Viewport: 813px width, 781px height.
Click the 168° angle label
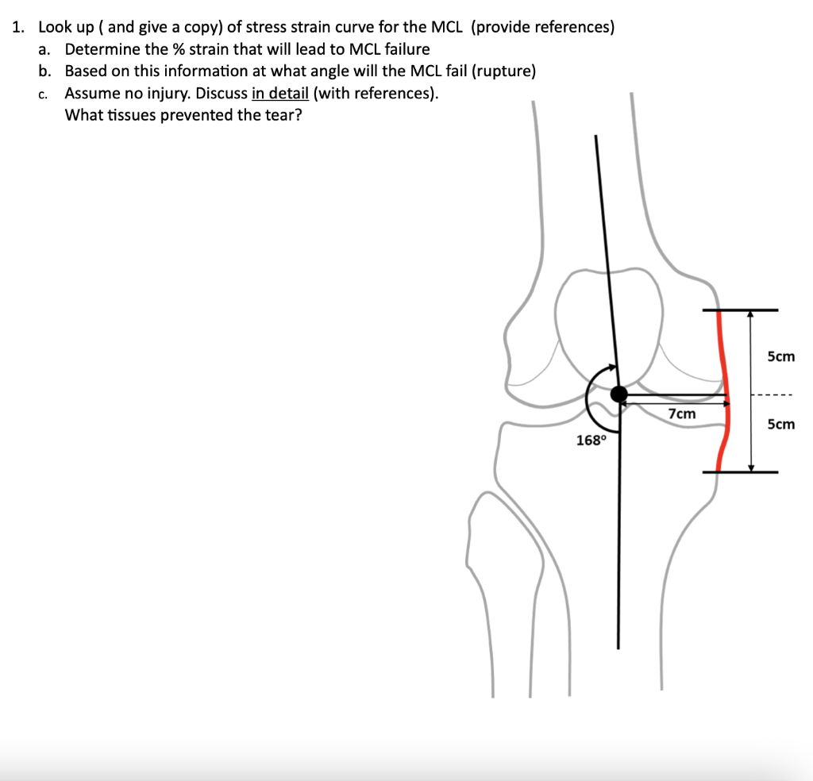pos(591,441)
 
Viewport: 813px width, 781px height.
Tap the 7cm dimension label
pos(681,414)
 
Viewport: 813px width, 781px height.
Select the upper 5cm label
pos(781,356)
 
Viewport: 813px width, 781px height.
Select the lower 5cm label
pos(781,425)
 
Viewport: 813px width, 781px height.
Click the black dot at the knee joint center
pos(618,394)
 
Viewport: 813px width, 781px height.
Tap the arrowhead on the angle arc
pos(611,368)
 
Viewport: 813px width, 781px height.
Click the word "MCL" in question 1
pos(446,27)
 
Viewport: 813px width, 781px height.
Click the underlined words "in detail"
pos(280,94)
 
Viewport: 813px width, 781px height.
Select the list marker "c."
pos(44,94)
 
